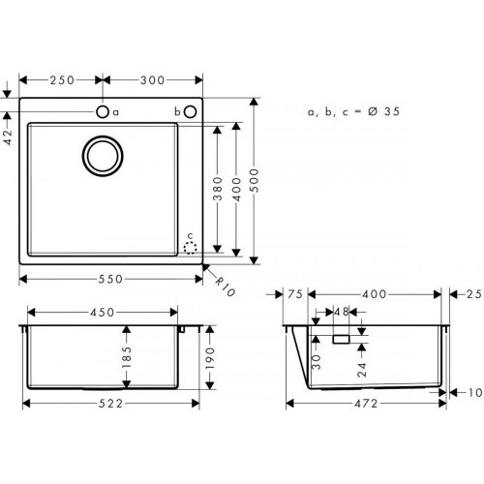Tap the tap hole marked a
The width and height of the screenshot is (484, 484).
102,112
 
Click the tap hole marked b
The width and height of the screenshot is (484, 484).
190,112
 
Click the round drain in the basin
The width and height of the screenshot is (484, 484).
102,157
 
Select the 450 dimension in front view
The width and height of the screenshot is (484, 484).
102,313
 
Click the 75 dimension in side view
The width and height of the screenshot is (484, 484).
297,293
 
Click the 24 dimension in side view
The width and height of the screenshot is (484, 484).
360,367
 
